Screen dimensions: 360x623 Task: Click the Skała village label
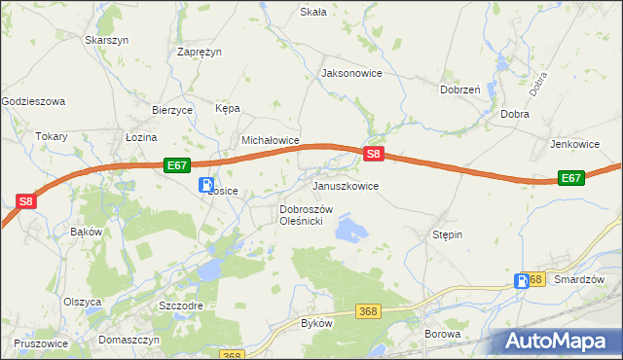(x=312, y=12)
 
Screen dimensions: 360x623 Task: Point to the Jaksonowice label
(x=351, y=73)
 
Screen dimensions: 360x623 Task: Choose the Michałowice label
(x=270, y=140)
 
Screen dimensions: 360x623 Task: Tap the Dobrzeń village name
(x=460, y=89)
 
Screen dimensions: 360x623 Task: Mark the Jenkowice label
(x=574, y=143)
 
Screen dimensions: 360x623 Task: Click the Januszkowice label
(x=345, y=185)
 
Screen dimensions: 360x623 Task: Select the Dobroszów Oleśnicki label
(x=307, y=215)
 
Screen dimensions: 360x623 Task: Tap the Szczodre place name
(x=181, y=305)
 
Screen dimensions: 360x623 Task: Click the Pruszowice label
(x=41, y=343)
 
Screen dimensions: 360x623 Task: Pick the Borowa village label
(x=442, y=334)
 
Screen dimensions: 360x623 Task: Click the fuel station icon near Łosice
(x=206, y=184)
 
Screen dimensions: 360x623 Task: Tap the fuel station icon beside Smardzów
(x=522, y=281)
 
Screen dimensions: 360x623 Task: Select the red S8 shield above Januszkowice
(x=375, y=154)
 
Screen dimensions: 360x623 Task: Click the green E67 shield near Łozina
(x=175, y=166)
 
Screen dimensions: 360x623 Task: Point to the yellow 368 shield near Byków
(x=367, y=310)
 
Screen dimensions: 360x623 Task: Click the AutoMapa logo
(x=555, y=342)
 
